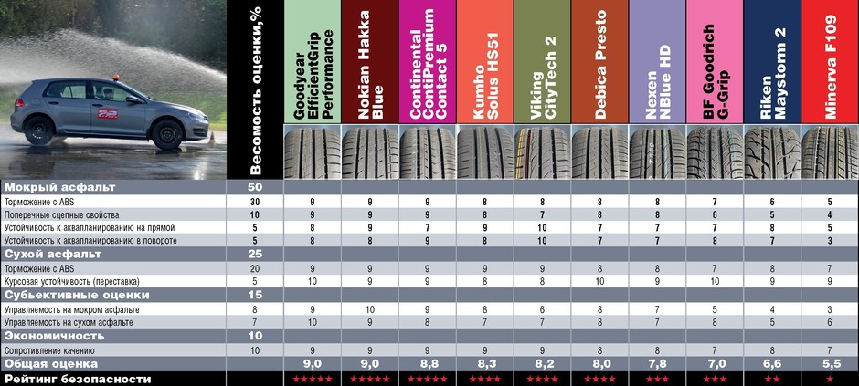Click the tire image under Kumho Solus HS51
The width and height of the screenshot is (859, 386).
pos(484,151)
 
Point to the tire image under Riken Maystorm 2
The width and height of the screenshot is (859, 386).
pos(771,151)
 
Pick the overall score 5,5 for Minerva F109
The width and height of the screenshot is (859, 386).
pos(829,363)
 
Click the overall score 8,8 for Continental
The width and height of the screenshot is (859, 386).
pos(427,363)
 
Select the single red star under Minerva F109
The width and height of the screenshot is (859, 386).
pos(829,378)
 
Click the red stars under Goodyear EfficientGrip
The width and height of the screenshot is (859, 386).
pos(313,378)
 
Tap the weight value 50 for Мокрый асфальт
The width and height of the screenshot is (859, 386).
pos(256,187)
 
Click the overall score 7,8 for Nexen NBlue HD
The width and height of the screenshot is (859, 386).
pos(656,363)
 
